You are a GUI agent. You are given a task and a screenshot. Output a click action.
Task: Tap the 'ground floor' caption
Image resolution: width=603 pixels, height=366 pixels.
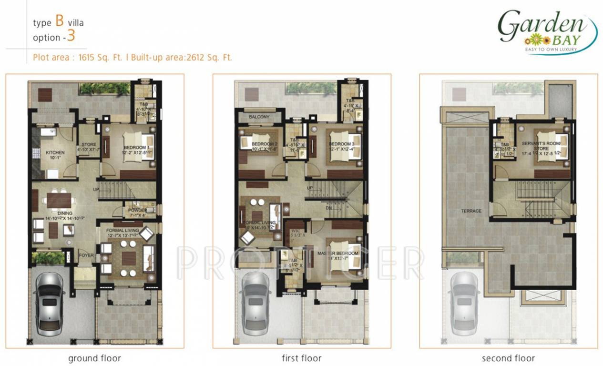pos(94,358)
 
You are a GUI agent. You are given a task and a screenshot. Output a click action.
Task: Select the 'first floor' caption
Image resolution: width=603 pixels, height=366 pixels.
pos(301,358)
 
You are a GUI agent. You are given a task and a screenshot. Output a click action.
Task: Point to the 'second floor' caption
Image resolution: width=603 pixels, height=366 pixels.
pos(508,358)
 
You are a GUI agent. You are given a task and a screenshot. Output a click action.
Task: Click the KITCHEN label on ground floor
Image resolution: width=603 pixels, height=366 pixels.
pos(55,152)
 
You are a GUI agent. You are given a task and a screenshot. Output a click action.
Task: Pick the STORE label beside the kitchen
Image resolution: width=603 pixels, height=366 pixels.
pos(89,144)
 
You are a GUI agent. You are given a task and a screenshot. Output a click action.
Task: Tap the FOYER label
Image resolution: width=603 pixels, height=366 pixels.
pos(86,255)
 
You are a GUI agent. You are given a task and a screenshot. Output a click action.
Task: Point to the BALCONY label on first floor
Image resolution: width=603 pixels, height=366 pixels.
pos(259,117)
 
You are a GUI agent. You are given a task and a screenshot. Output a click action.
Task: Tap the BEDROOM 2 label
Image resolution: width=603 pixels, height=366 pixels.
pos(264,144)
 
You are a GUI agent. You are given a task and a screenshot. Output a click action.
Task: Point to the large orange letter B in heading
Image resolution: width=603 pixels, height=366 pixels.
pos(60,21)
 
